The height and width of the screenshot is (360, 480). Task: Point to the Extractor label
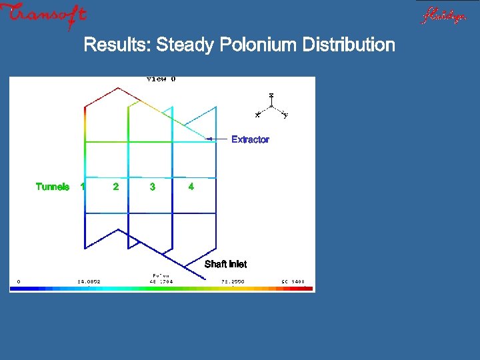coord(250,139)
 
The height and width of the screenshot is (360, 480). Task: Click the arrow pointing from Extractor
coord(217,139)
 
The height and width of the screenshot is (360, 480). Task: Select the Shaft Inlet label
coord(225,265)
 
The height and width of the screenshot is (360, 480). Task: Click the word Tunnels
coord(53,187)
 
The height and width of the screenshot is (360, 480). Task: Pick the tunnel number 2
coord(116,187)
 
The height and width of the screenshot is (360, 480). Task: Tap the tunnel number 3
coord(153,187)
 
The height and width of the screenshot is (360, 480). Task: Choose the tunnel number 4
coord(191,187)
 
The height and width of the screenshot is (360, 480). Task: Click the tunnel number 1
coord(82,187)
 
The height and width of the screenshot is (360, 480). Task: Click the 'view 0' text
coord(161,79)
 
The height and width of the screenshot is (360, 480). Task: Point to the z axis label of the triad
coord(271,95)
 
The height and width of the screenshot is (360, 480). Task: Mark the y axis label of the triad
coord(286,116)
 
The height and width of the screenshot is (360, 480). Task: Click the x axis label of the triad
coord(257,115)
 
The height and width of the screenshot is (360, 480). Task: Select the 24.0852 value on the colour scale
coord(89,281)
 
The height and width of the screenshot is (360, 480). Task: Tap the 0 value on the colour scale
coord(18,281)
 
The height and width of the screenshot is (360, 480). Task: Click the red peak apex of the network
coord(118,88)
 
